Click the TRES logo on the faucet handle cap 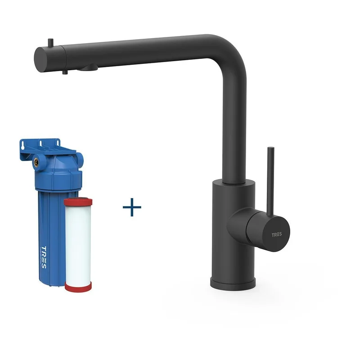(x=277, y=234)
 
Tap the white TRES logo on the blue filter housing (x=44, y=257)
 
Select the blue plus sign (x=132, y=207)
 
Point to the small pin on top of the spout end (x=50, y=42)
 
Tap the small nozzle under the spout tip (x=65, y=72)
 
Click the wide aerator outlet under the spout (x=88, y=67)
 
